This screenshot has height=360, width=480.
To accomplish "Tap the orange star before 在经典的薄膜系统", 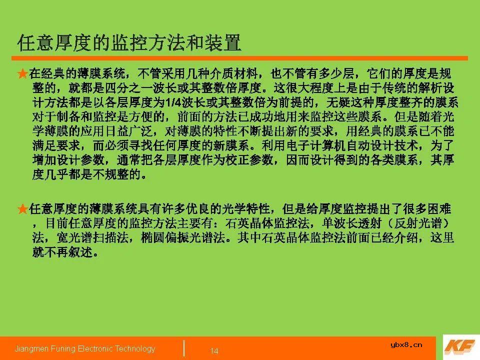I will (x=22, y=74).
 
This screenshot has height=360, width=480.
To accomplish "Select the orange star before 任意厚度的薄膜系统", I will (x=22, y=208).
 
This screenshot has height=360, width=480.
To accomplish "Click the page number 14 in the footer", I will (x=214, y=351).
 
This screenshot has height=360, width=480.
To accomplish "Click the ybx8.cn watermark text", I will (x=406, y=344).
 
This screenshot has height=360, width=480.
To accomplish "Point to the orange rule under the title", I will (x=240, y=58).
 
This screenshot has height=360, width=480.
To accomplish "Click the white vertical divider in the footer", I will (x=184, y=348).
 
